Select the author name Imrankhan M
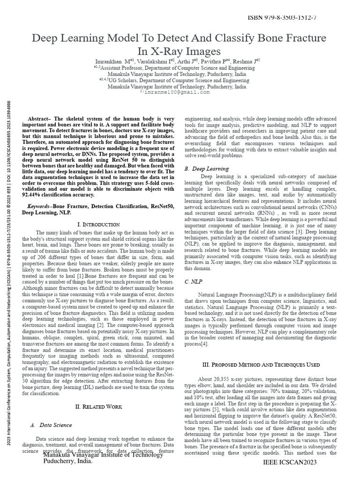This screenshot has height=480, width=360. click(112, 61)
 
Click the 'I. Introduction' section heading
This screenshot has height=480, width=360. click(98, 225)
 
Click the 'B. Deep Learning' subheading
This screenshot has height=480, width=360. click(207, 168)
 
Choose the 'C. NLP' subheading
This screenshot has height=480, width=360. click(194, 282)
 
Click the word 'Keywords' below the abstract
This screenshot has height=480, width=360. click(37, 206)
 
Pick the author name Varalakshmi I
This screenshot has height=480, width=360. click(157, 61)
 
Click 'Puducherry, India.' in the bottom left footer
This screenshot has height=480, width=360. click(67, 461)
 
